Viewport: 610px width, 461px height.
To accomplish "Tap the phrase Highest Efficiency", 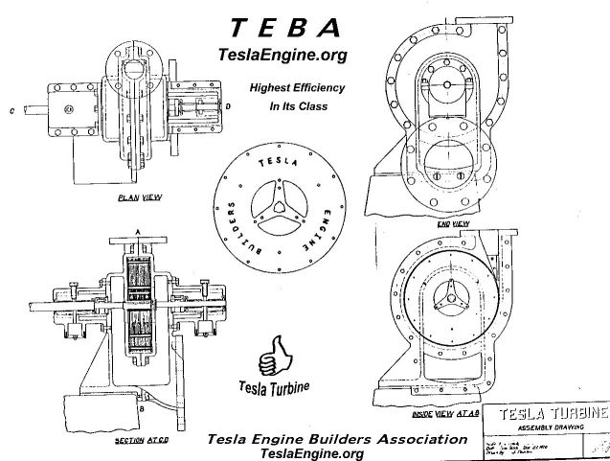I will (x=297, y=86).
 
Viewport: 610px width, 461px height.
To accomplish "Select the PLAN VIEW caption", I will (x=137, y=198).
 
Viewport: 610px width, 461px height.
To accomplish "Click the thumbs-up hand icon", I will (x=274, y=354).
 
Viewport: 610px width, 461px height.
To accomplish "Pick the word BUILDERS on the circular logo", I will (x=236, y=226).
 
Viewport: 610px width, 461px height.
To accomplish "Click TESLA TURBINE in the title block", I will (x=547, y=414).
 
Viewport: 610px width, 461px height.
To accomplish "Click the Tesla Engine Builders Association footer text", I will (x=338, y=440).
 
